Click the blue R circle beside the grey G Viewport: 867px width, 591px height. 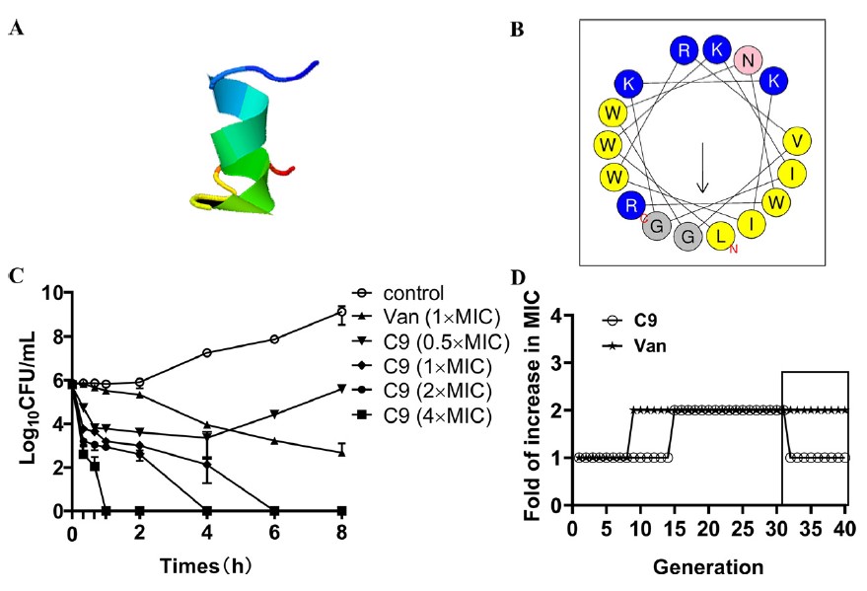[628, 205]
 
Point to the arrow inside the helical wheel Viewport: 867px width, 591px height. [702, 167]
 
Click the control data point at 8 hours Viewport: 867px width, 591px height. [341, 313]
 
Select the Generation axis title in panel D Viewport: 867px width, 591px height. [707, 566]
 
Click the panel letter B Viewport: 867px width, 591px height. [516, 30]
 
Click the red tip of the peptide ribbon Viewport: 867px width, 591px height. [286, 171]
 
